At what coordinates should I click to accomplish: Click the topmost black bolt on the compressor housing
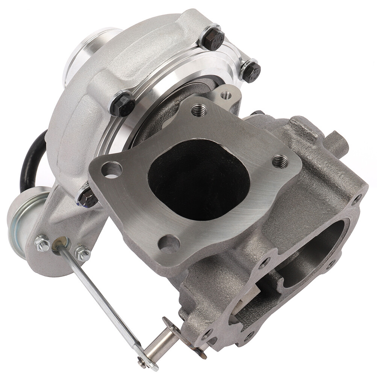click(213, 38)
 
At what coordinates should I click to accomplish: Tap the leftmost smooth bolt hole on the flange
click(112, 170)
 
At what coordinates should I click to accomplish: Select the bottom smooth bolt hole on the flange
click(169, 244)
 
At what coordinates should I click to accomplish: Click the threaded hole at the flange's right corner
click(280, 161)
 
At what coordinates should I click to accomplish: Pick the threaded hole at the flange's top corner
click(199, 110)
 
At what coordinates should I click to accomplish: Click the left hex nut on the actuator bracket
click(43, 244)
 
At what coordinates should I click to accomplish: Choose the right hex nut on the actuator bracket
click(82, 254)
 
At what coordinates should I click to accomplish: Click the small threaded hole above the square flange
click(226, 96)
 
